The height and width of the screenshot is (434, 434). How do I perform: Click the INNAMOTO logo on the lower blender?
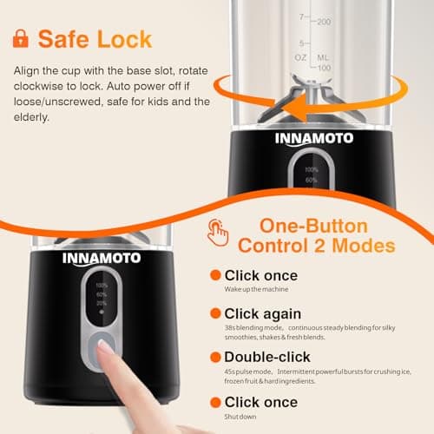tap(102, 257)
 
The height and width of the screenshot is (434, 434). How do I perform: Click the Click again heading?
tap(263, 313)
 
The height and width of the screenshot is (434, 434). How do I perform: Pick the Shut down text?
tap(244, 415)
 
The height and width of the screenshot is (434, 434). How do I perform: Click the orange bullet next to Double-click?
tap(214, 357)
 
